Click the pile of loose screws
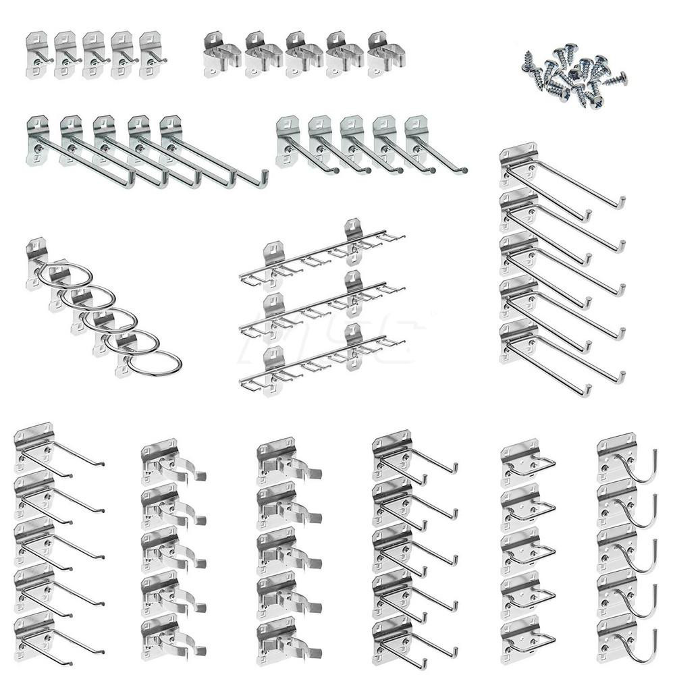pyautogui.click(x=574, y=78)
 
